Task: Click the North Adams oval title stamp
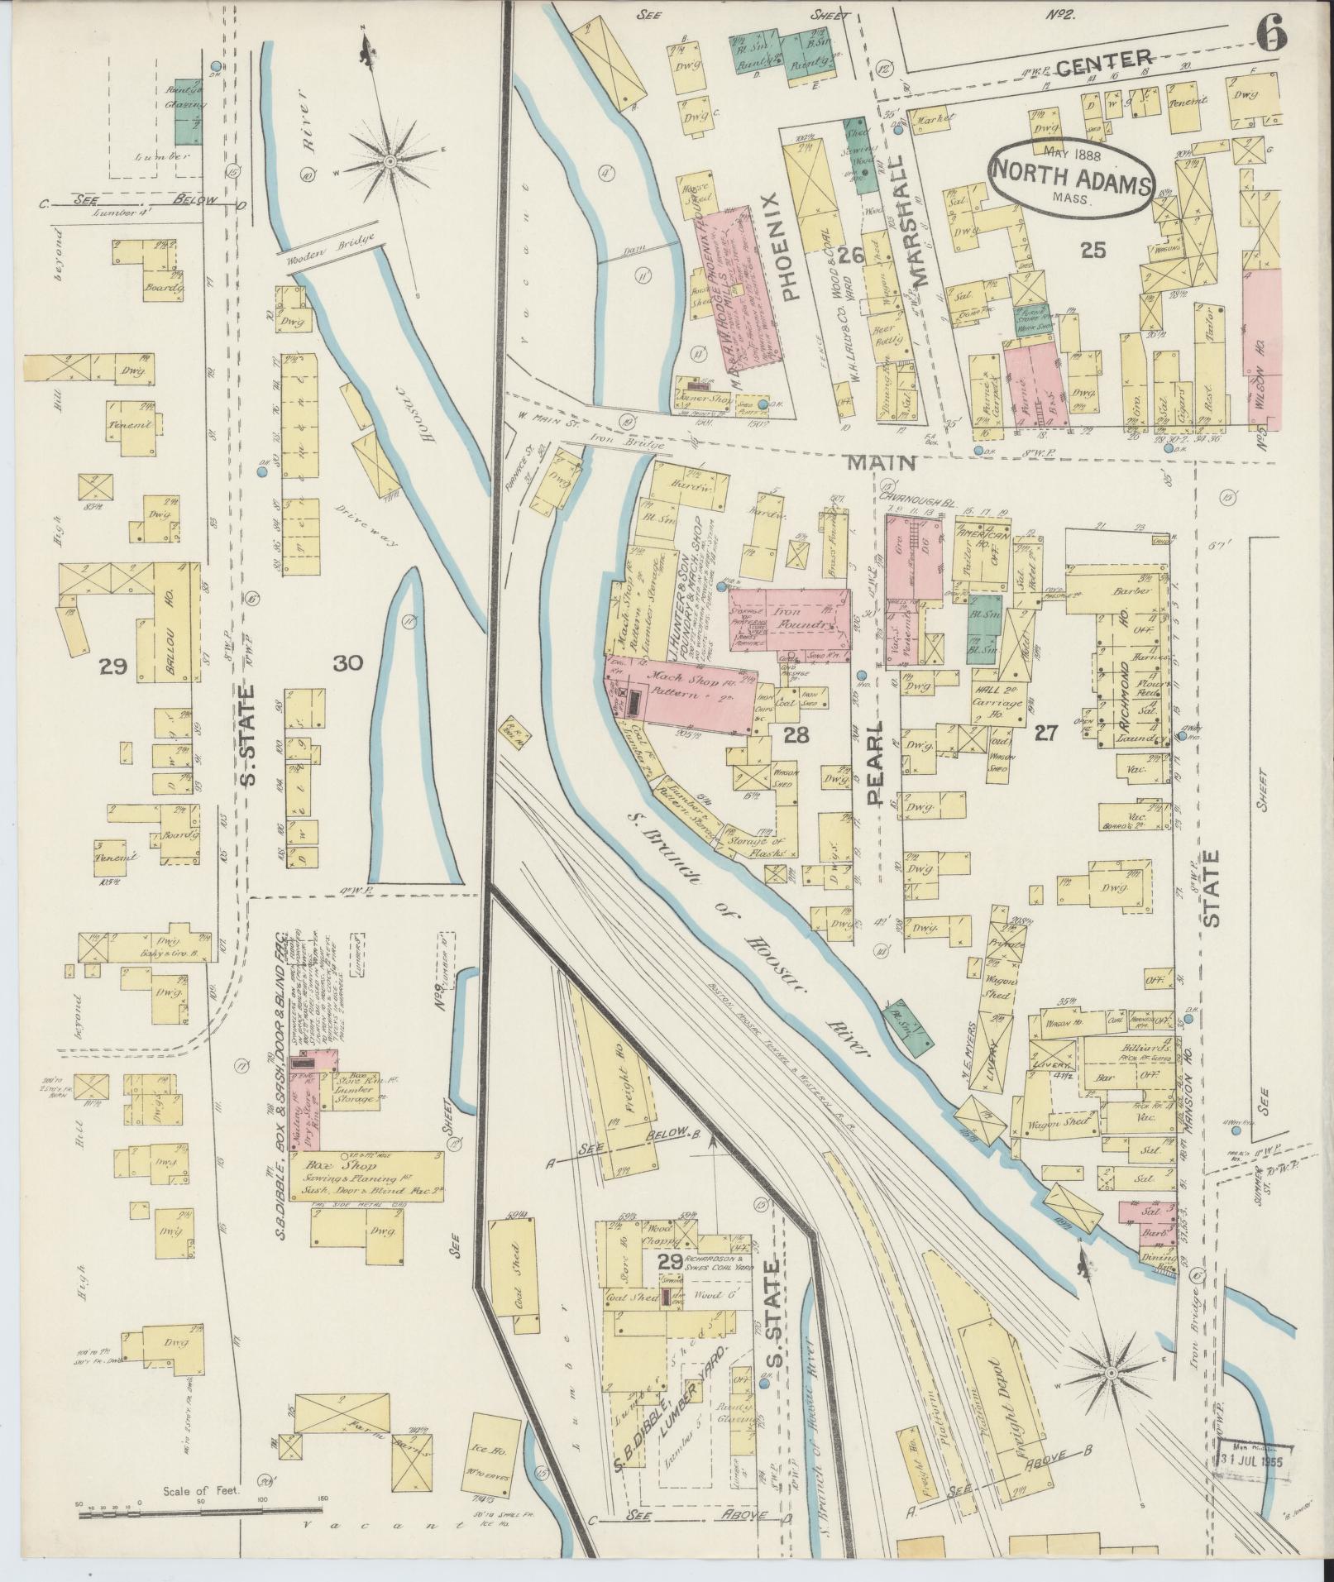coord(1072,175)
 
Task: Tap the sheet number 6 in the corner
coord(1271,36)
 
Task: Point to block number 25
coord(1093,249)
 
